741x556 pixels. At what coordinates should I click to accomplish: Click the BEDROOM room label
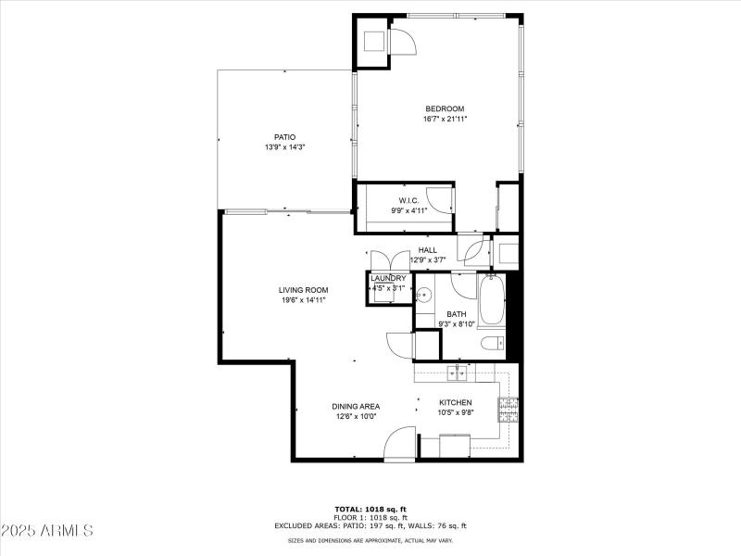pyautogui.click(x=445, y=108)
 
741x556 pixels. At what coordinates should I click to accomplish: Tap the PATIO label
pyautogui.click(x=283, y=137)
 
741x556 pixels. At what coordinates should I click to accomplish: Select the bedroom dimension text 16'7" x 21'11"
pyautogui.click(x=445, y=119)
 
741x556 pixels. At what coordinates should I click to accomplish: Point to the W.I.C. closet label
pyautogui.click(x=409, y=200)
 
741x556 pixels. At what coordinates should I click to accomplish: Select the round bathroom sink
pyautogui.click(x=423, y=297)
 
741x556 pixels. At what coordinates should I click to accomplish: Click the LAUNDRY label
pyautogui.click(x=388, y=278)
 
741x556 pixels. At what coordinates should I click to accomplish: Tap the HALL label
pyautogui.click(x=427, y=250)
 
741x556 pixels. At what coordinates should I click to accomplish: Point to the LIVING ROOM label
pyautogui.click(x=304, y=290)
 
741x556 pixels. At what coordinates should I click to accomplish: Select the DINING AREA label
pyautogui.click(x=356, y=406)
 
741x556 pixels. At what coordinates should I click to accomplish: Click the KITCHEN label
pyautogui.click(x=457, y=402)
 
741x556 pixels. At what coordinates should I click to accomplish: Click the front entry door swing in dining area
pyautogui.click(x=400, y=442)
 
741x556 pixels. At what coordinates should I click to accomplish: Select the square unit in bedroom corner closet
pyautogui.click(x=374, y=42)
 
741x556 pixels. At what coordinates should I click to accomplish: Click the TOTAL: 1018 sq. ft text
pyautogui.click(x=370, y=509)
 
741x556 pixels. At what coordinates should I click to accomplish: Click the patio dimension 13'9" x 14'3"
pyautogui.click(x=284, y=147)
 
